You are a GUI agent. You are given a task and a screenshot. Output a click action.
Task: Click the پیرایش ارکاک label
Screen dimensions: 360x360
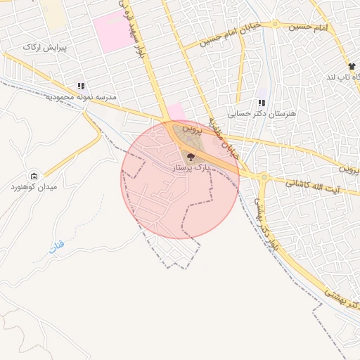click(x=44, y=47)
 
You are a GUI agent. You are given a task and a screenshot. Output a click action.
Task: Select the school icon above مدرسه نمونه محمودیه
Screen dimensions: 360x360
click(x=82, y=86)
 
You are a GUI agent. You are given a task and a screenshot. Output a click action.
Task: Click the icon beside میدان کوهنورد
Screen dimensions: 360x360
click(x=34, y=176)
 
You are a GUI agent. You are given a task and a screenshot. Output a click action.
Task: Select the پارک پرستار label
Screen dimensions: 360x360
click(x=191, y=168)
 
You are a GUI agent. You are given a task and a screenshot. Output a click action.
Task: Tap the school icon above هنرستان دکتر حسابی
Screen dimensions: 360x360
click(x=262, y=103)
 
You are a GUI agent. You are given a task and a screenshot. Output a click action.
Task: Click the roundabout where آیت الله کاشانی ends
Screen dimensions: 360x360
click(x=262, y=177)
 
